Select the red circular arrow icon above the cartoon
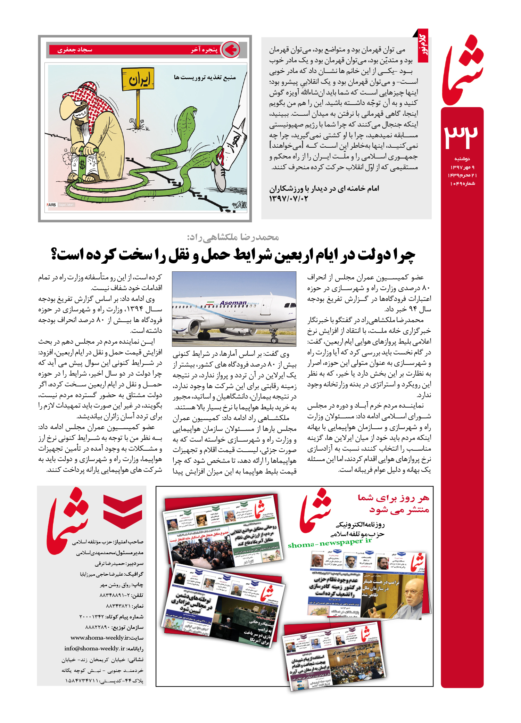(230, 50)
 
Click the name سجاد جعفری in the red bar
(75, 50)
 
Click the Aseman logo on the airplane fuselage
(233, 303)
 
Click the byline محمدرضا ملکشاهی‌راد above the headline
(233, 237)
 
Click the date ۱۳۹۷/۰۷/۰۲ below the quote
(288, 199)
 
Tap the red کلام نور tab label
(423, 46)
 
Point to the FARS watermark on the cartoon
(51, 205)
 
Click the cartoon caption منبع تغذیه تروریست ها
(205, 77)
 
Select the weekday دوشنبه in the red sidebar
(462, 159)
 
